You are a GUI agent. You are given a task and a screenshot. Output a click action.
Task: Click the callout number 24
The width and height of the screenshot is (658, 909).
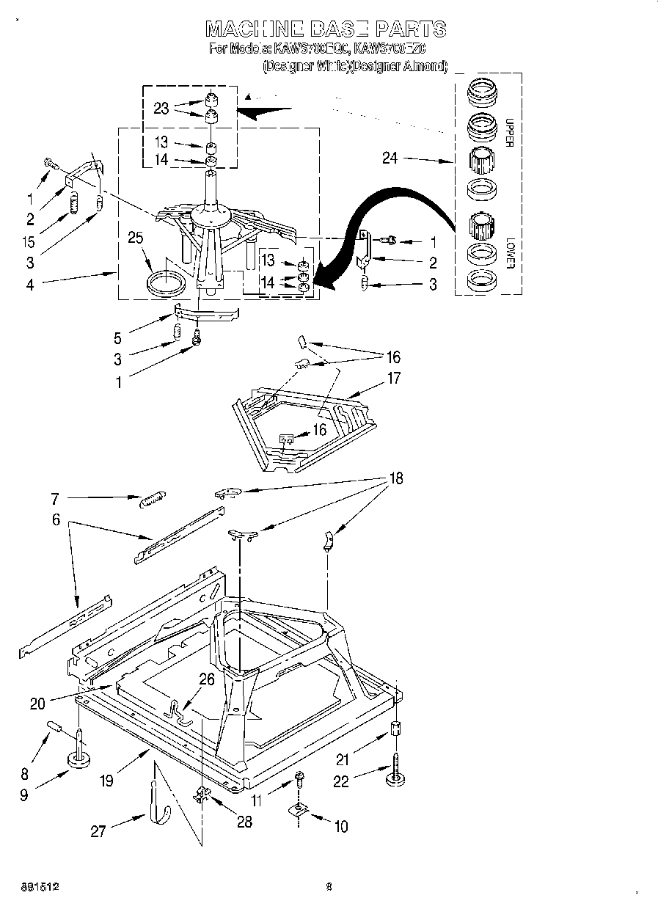click(x=390, y=157)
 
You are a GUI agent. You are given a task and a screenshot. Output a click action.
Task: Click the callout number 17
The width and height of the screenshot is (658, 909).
click(x=394, y=379)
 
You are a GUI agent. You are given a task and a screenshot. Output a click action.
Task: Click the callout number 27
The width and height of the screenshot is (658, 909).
click(x=98, y=831)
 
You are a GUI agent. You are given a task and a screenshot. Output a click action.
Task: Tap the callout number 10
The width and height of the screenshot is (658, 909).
click(x=340, y=826)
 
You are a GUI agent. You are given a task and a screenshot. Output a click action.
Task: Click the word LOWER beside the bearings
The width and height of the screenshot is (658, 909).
click(x=507, y=252)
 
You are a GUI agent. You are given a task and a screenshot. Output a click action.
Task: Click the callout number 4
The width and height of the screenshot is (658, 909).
click(x=30, y=285)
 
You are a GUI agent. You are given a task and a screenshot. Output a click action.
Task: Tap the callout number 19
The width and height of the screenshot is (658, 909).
click(x=107, y=781)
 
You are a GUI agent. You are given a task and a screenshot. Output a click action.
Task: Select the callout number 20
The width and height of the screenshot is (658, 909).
click(x=37, y=704)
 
